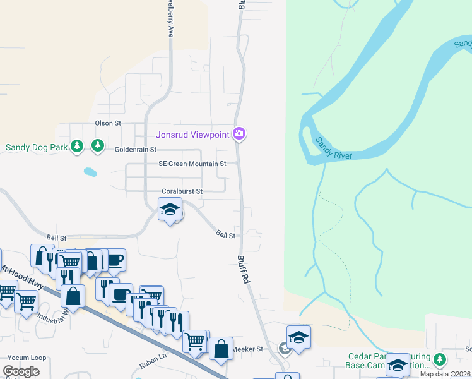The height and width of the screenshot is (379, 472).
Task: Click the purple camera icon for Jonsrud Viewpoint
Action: click(x=239, y=133)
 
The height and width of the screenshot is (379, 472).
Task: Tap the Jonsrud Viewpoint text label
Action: click(x=193, y=134)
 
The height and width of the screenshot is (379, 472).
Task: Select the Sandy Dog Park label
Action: click(x=37, y=147)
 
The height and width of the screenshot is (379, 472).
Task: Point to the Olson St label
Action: click(x=107, y=123)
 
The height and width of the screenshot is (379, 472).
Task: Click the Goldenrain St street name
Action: click(x=135, y=150)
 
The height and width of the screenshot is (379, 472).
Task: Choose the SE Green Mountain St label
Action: click(x=192, y=164)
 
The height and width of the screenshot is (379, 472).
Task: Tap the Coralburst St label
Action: click(x=182, y=191)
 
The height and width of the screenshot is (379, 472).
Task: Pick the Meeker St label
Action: click(x=247, y=349)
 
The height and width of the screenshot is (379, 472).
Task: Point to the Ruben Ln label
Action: click(x=153, y=364)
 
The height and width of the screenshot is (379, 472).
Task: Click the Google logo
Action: click(x=21, y=371)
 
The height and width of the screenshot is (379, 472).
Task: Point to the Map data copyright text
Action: click(x=445, y=374)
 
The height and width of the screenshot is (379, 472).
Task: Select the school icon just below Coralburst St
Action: click(x=170, y=210)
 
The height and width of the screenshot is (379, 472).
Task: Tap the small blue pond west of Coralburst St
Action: click(x=90, y=171)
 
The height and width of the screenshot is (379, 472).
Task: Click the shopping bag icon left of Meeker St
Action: click(x=221, y=349)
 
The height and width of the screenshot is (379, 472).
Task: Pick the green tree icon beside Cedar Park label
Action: click(x=439, y=360)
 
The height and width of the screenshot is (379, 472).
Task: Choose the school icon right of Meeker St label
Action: click(x=299, y=337)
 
